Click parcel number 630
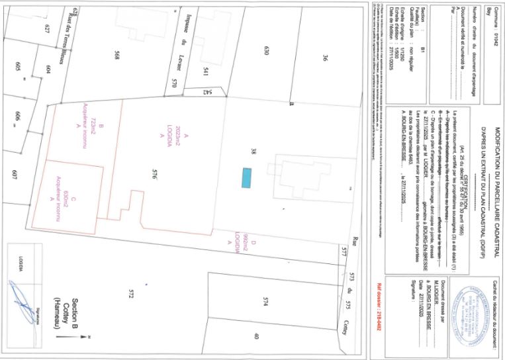pyautogui.click(x=268, y=51)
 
